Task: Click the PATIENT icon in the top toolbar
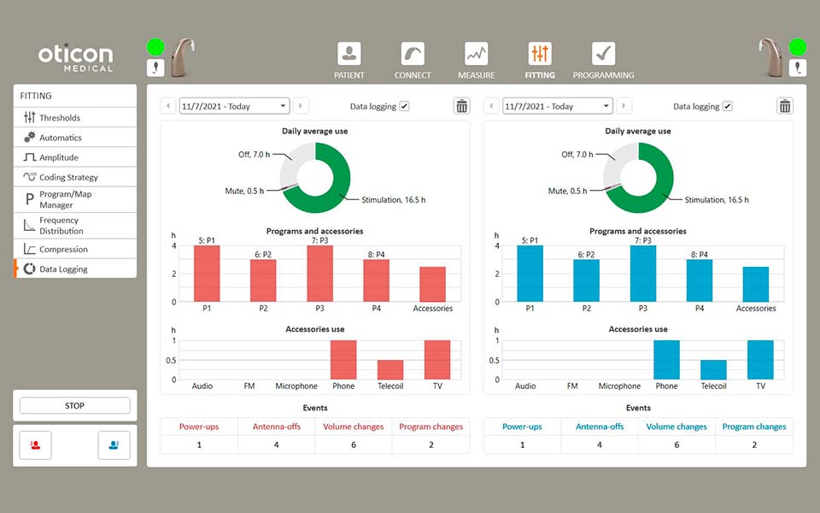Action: point(348,54)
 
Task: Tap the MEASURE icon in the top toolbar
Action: point(476,54)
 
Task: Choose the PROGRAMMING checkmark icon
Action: point(603,54)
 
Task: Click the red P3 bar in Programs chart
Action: point(320,274)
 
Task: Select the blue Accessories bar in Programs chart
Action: point(756,284)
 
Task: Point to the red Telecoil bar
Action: point(390,369)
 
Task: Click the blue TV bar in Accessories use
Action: point(760,360)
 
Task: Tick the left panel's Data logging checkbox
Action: point(404,106)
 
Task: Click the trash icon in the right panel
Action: point(784,106)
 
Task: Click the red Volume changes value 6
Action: point(354,445)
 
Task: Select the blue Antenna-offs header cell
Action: point(599,427)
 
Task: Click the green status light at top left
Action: point(155,47)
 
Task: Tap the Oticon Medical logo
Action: point(75,58)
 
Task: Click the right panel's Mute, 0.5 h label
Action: point(567,192)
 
